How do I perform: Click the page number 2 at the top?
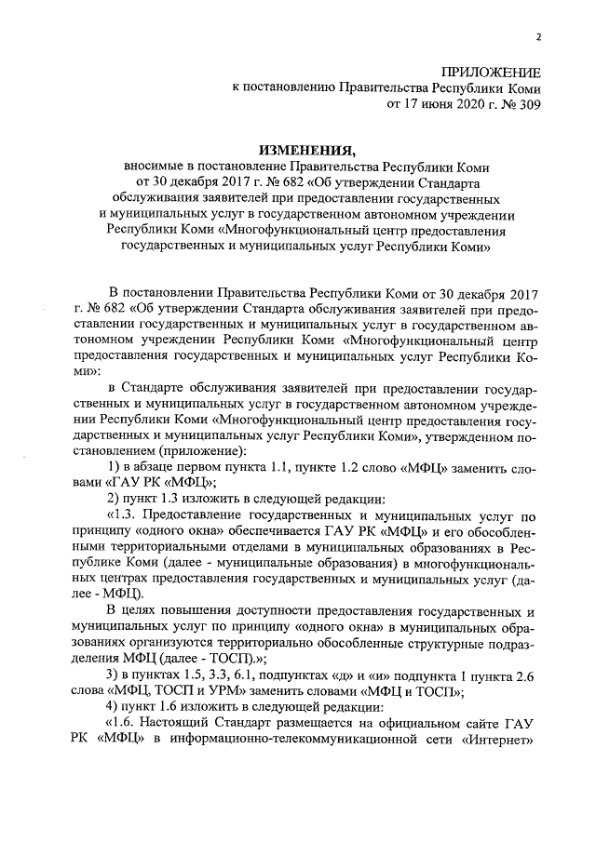(x=537, y=37)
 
